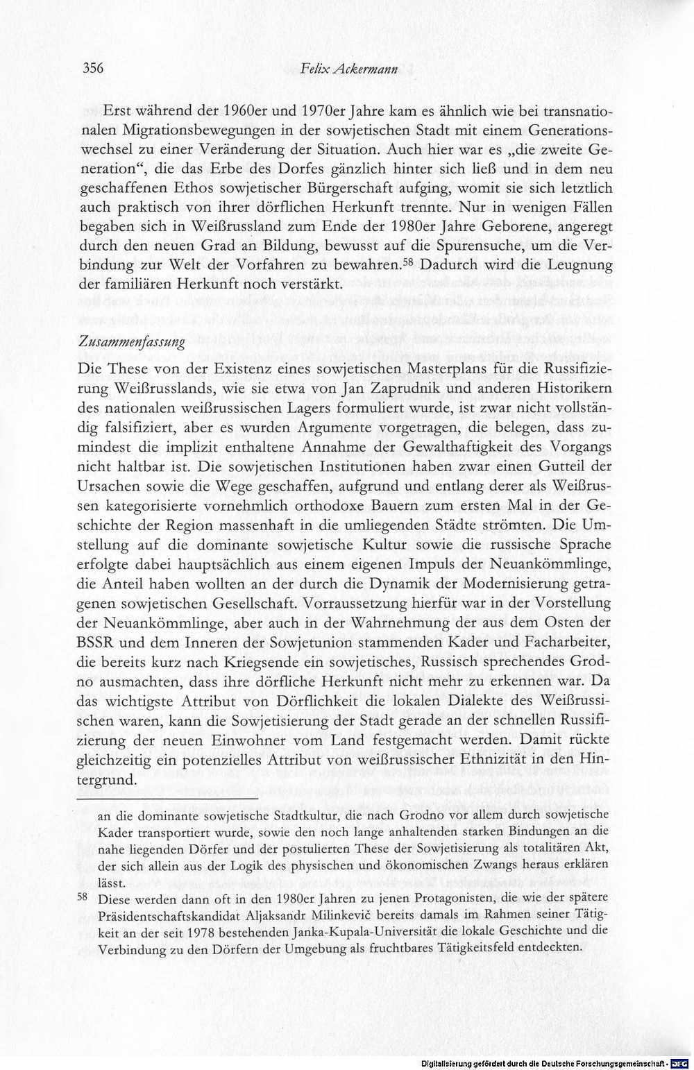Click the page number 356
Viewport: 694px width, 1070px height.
point(93,68)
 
